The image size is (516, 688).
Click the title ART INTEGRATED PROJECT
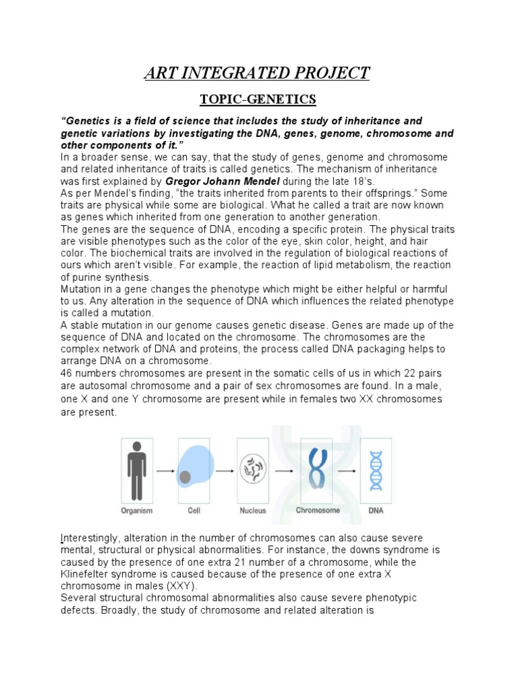click(257, 73)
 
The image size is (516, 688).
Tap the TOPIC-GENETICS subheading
click(257, 99)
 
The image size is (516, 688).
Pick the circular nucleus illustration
click(253, 469)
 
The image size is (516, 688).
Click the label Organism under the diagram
click(137, 511)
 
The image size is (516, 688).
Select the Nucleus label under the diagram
click(253, 511)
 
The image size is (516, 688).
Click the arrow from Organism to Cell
click(165, 471)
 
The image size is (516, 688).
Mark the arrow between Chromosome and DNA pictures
click(347, 471)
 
